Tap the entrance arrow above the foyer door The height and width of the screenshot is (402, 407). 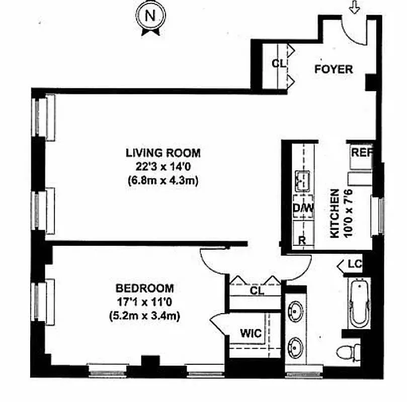coord(355,7)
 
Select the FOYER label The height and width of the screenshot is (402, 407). coord(334,69)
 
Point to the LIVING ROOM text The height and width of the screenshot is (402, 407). coord(163,152)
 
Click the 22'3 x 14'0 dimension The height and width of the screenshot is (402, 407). coord(163,166)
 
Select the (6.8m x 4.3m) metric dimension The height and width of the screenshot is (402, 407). coord(163,180)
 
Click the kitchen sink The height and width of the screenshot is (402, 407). coord(303,179)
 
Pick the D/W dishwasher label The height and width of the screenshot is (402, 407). coord(303,208)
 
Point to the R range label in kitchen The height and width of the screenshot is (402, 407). coord(302,240)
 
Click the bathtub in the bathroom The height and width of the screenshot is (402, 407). coord(358,304)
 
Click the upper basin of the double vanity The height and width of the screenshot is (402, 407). coord(295,311)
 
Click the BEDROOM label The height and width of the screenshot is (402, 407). coord(145,288)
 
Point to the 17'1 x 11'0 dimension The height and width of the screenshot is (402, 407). coord(145,303)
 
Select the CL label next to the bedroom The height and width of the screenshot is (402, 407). coord(257,290)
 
